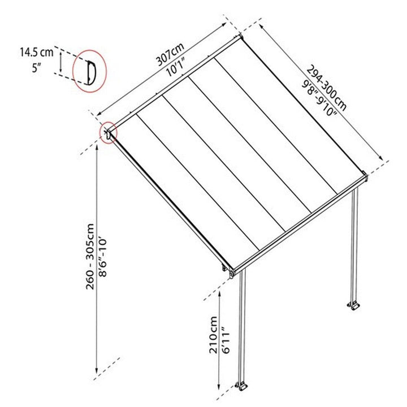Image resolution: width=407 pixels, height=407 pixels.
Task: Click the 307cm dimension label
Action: (x=170, y=54)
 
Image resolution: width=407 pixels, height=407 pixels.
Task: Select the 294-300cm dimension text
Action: (x=327, y=88)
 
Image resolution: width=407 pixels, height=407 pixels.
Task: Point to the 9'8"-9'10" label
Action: (x=319, y=98)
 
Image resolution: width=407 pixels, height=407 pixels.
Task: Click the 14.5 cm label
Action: (x=37, y=52)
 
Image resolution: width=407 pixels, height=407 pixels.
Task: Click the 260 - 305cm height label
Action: (x=90, y=257)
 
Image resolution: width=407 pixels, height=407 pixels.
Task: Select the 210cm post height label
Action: (x=213, y=335)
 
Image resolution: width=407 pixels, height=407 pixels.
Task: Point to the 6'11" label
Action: (x=226, y=340)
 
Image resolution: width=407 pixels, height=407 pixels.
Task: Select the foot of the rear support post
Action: (x=354, y=305)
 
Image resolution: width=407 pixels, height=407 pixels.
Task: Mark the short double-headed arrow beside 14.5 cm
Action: (x=60, y=62)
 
